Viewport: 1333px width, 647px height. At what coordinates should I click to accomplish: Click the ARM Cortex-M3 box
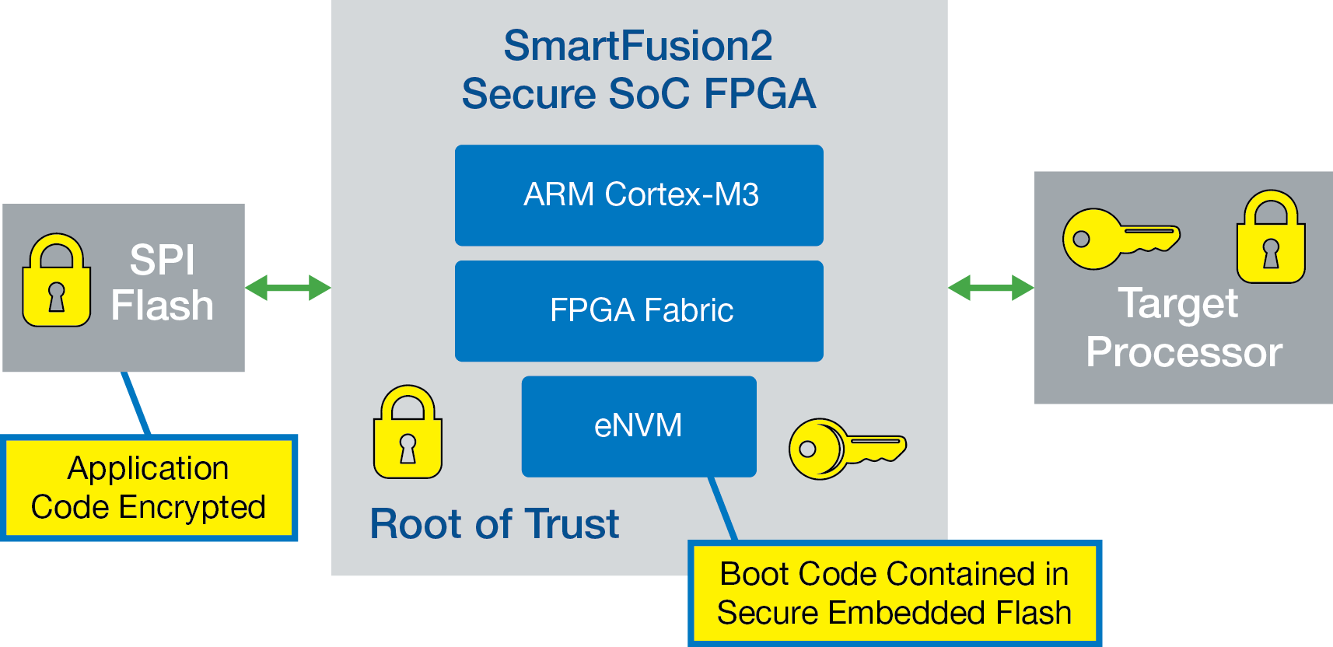(x=639, y=195)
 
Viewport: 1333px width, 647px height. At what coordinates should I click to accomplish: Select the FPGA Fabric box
(x=639, y=311)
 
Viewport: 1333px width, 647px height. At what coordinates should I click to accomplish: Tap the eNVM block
(x=639, y=426)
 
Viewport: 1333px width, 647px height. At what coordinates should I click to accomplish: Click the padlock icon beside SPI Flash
(x=56, y=281)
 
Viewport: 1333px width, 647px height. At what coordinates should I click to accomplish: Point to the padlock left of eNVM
(x=408, y=432)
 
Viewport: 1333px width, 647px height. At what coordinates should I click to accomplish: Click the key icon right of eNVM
(x=846, y=449)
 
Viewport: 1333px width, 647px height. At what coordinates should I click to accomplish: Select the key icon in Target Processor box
(x=1120, y=238)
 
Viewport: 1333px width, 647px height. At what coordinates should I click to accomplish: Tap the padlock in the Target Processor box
(x=1271, y=237)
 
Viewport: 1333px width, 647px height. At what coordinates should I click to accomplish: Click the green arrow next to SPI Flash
(x=288, y=288)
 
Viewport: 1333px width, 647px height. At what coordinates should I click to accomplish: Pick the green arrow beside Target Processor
(x=991, y=288)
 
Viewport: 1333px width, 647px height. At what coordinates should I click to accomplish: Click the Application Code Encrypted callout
(x=149, y=488)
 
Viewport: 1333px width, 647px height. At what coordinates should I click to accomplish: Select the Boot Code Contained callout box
(x=894, y=593)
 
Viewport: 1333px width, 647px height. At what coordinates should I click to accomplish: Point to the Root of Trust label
(x=495, y=523)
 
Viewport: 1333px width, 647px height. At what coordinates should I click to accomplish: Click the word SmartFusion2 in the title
(x=638, y=46)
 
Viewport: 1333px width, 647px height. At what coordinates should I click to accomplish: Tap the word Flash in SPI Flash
(x=162, y=305)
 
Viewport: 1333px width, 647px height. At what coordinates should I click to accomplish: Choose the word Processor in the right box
(x=1184, y=352)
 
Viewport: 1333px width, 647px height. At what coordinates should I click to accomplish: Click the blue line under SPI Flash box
(x=136, y=403)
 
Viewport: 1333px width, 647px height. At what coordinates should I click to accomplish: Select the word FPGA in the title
(x=760, y=94)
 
